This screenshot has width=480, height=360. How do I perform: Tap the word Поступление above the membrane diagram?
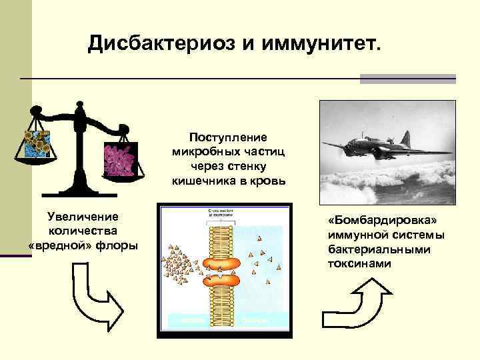(x=227, y=137)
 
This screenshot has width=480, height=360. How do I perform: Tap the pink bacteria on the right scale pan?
(x=120, y=160)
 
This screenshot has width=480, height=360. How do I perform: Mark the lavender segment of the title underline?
(x=407, y=79)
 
